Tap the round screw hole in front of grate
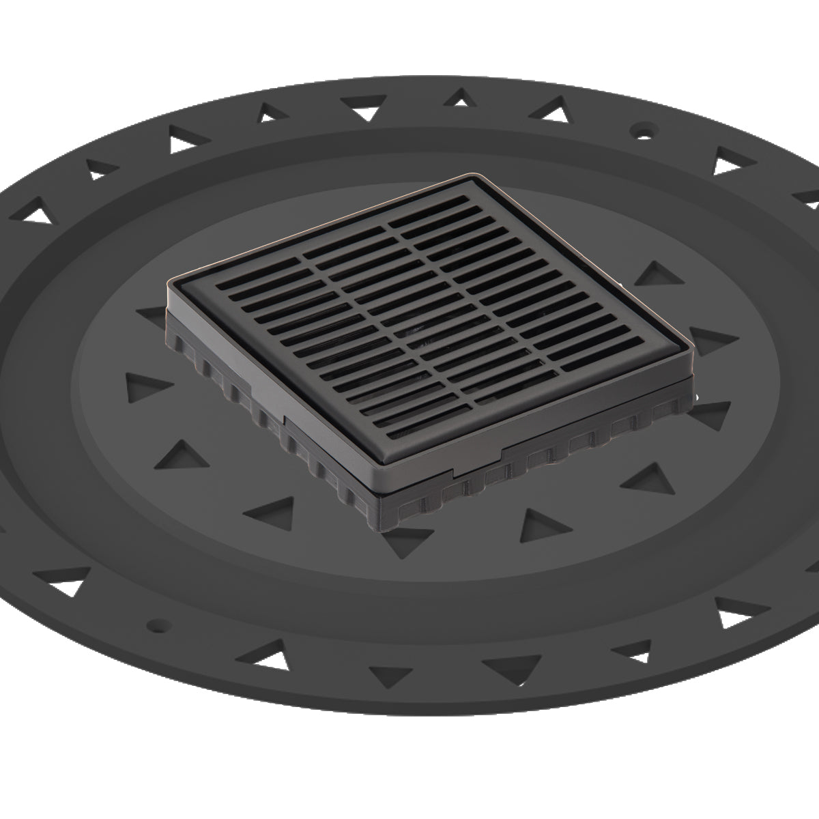[x=158, y=623]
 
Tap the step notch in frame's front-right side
[x=502, y=450]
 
